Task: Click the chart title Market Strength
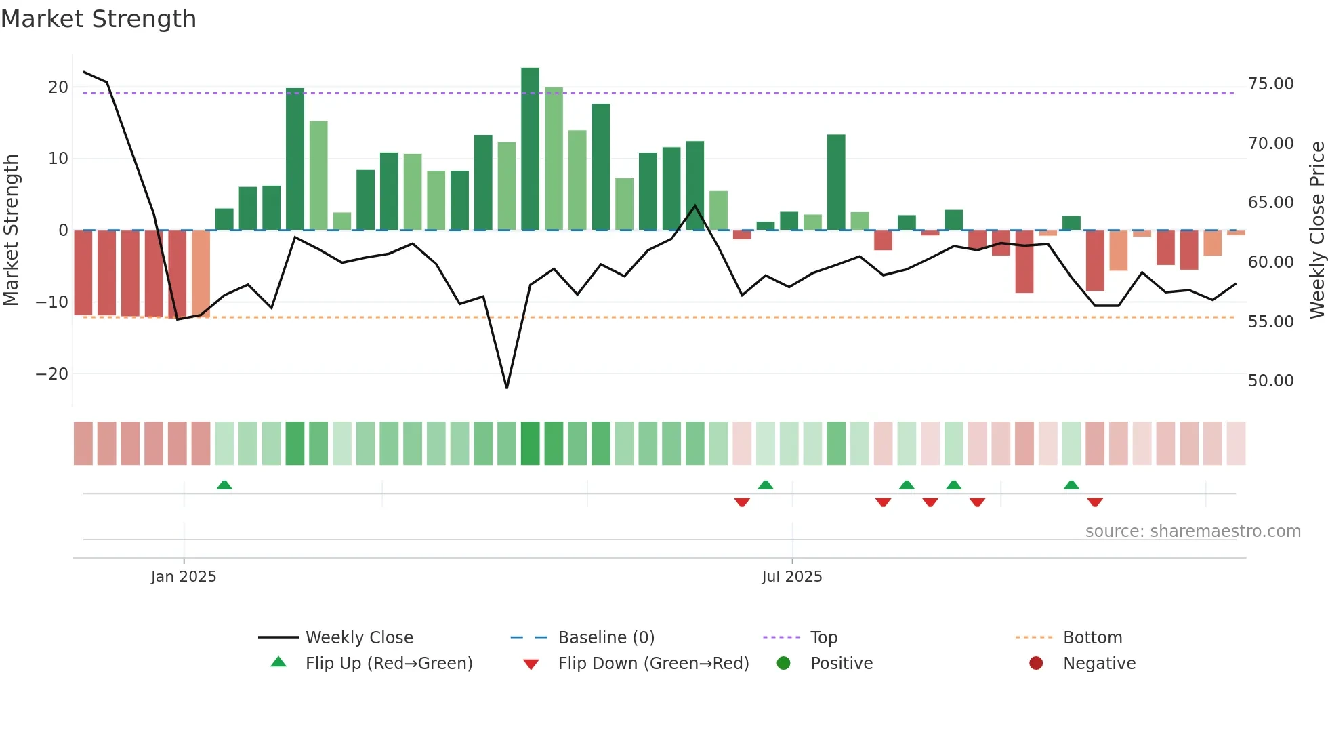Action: tap(98, 19)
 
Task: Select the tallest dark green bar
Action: tap(530, 149)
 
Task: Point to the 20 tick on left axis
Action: tap(58, 87)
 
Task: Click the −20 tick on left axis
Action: tap(52, 374)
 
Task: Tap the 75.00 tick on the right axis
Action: tap(1270, 84)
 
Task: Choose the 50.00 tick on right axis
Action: tap(1270, 381)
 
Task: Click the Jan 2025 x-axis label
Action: tap(184, 577)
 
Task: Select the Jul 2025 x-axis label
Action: tap(791, 577)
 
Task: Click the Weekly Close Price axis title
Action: tap(1316, 230)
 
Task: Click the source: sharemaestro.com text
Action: tap(1192, 531)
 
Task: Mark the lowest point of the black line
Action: tap(507, 388)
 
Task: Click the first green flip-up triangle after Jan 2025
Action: tap(224, 485)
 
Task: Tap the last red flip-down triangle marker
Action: tap(1095, 502)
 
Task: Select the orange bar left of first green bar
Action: tap(201, 273)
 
